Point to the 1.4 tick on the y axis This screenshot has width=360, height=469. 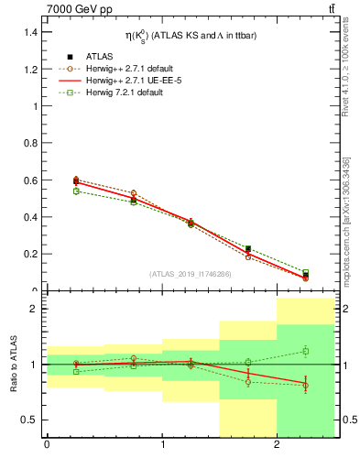click(29, 32)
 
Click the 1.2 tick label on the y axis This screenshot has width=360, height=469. click(29, 69)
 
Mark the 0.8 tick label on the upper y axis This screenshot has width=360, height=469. click(29, 143)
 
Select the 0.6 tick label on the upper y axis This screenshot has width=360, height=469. click(29, 180)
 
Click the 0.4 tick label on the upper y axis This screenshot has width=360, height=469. click(29, 217)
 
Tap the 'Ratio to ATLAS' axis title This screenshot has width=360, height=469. click(13, 365)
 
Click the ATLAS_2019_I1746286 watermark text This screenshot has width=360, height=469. click(191, 274)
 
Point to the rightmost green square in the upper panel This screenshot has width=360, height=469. click(306, 272)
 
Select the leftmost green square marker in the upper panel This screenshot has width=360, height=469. click(76, 191)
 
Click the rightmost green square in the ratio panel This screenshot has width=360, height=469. click(306, 351)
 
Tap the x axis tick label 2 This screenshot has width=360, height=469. click(277, 446)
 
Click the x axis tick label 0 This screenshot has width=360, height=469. click(47, 446)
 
